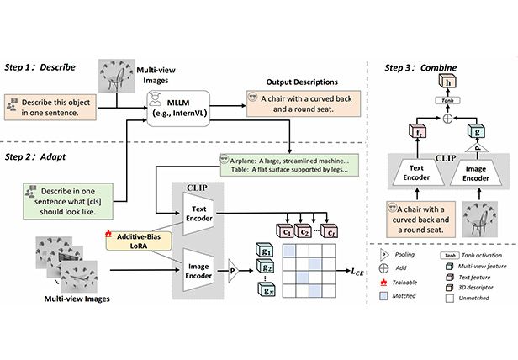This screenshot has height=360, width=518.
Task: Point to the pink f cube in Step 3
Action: (418, 133)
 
